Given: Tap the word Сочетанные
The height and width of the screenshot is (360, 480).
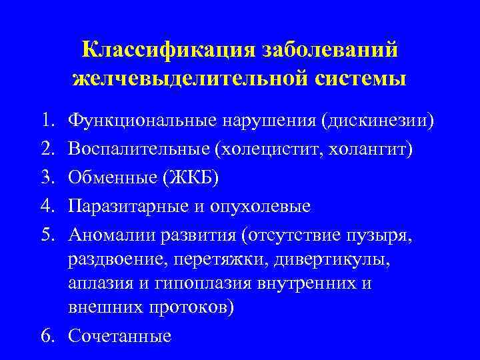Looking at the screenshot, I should tap(119, 336).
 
